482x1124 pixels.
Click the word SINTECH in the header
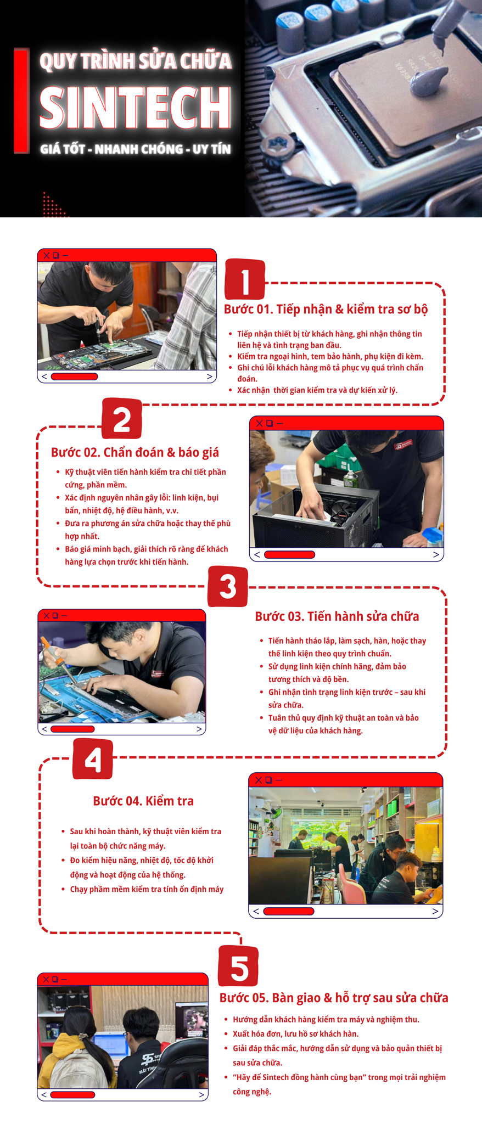pyautogui.click(x=136, y=106)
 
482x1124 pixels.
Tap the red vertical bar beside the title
pyautogui.click(x=21, y=101)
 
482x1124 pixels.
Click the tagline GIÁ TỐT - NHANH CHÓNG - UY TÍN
pyautogui.click(x=136, y=149)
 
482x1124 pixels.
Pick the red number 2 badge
pyautogui.click(x=122, y=419)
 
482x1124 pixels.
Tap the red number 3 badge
pyautogui.click(x=228, y=587)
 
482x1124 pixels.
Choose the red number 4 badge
pyautogui.click(x=93, y=759)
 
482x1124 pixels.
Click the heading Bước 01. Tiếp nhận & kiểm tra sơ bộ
pyautogui.click(x=326, y=310)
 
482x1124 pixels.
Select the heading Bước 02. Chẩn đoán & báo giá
pyautogui.click(x=135, y=452)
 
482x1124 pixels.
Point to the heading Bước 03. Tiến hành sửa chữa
pyautogui.click(x=337, y=616)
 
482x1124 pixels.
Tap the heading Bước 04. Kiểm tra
pyautogui.click(x=143, y=801)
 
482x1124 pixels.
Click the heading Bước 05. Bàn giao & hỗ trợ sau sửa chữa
pyautogui.click(x=334, y=998)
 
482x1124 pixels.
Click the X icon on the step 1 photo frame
pyautogui.click(x=47, y=256)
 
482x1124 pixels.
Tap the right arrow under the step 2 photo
pyautogui.click(x=436, y=554)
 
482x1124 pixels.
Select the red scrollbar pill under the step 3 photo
pyautogui.click(x=72, y=729)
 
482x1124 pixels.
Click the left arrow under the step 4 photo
pyautogui.click(x=256, y=911)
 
